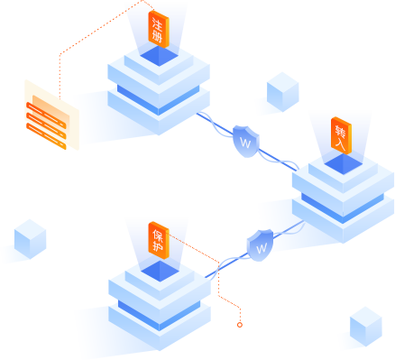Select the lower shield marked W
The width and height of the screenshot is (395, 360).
[x=262, y=245]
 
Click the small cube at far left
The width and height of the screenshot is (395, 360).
[x=29, y=239]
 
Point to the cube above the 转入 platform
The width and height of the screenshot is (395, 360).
[x=282, y=89]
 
